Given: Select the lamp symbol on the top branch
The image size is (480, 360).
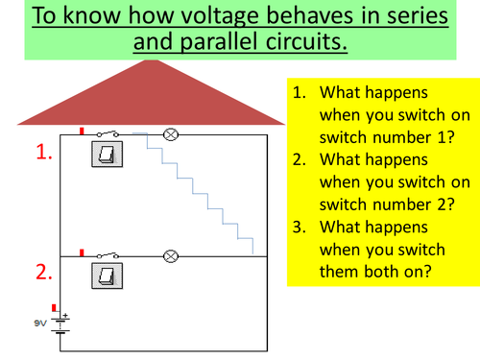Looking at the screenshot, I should tap(172, 134).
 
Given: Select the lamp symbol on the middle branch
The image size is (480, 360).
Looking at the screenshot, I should tap(172, 256).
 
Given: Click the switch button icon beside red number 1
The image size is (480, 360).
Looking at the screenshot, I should tap(103, 155).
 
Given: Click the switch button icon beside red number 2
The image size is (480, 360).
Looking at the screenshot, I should tap(103, 276).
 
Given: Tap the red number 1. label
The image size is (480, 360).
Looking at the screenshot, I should tap(43, 152).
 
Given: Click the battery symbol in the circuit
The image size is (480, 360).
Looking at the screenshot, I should tap(60, 324).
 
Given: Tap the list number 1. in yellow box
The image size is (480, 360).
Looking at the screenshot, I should tap(300, 94).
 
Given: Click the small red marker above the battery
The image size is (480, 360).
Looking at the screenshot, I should tap(55, 308).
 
